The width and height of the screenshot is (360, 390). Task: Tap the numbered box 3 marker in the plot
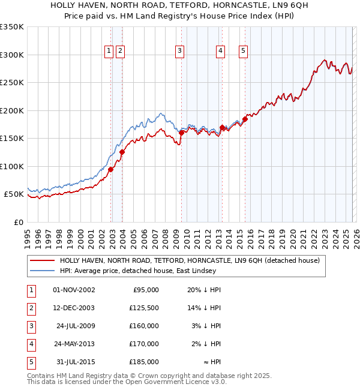179,52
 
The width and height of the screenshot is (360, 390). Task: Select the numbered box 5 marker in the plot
243,52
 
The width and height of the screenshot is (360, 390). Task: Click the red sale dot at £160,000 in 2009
181,133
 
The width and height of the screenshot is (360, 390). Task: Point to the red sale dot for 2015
245,119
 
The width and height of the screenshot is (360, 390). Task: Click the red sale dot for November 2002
111,169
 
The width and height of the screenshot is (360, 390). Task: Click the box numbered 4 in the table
31,344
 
